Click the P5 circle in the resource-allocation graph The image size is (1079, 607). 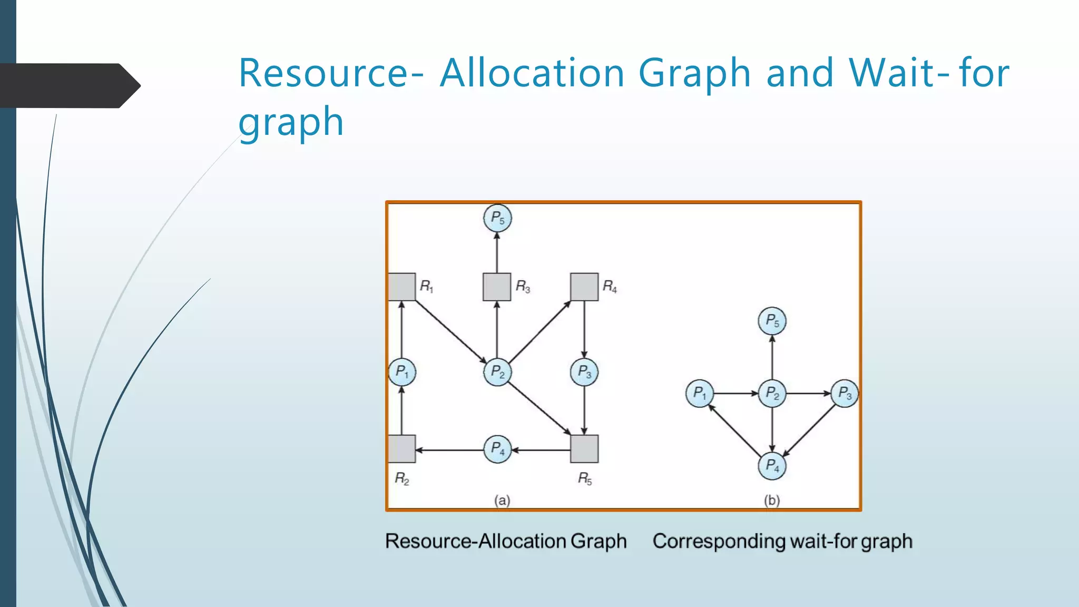(x=497, y=218)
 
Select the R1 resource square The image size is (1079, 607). (x=402, y=287)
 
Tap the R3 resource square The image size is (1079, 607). (x=497, y=287)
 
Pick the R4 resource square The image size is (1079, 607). (x=584, y=287)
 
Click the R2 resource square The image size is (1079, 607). (x=402, y=449)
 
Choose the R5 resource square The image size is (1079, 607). (x=584, y=449)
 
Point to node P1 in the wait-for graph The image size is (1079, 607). (x=700, y=394)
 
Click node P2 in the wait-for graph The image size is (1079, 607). (x=772, y=394)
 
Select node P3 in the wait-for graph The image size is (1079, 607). (x=845, y=394)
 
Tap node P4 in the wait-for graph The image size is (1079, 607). (x=772, y=466)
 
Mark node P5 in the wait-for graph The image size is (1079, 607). (x=772, y=321)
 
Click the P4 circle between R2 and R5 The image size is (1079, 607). (x=497, y=449)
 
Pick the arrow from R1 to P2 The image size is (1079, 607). (x=450, y=331)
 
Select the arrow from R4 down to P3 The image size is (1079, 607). (x=584, y=329)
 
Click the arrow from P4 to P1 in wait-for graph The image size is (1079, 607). (x=735, y=430)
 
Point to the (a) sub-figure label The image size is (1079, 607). (x=502, y=500)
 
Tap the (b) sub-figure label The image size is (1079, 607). (x=772, y=500)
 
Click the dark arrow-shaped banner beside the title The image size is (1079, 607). (x=68, y=85)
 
